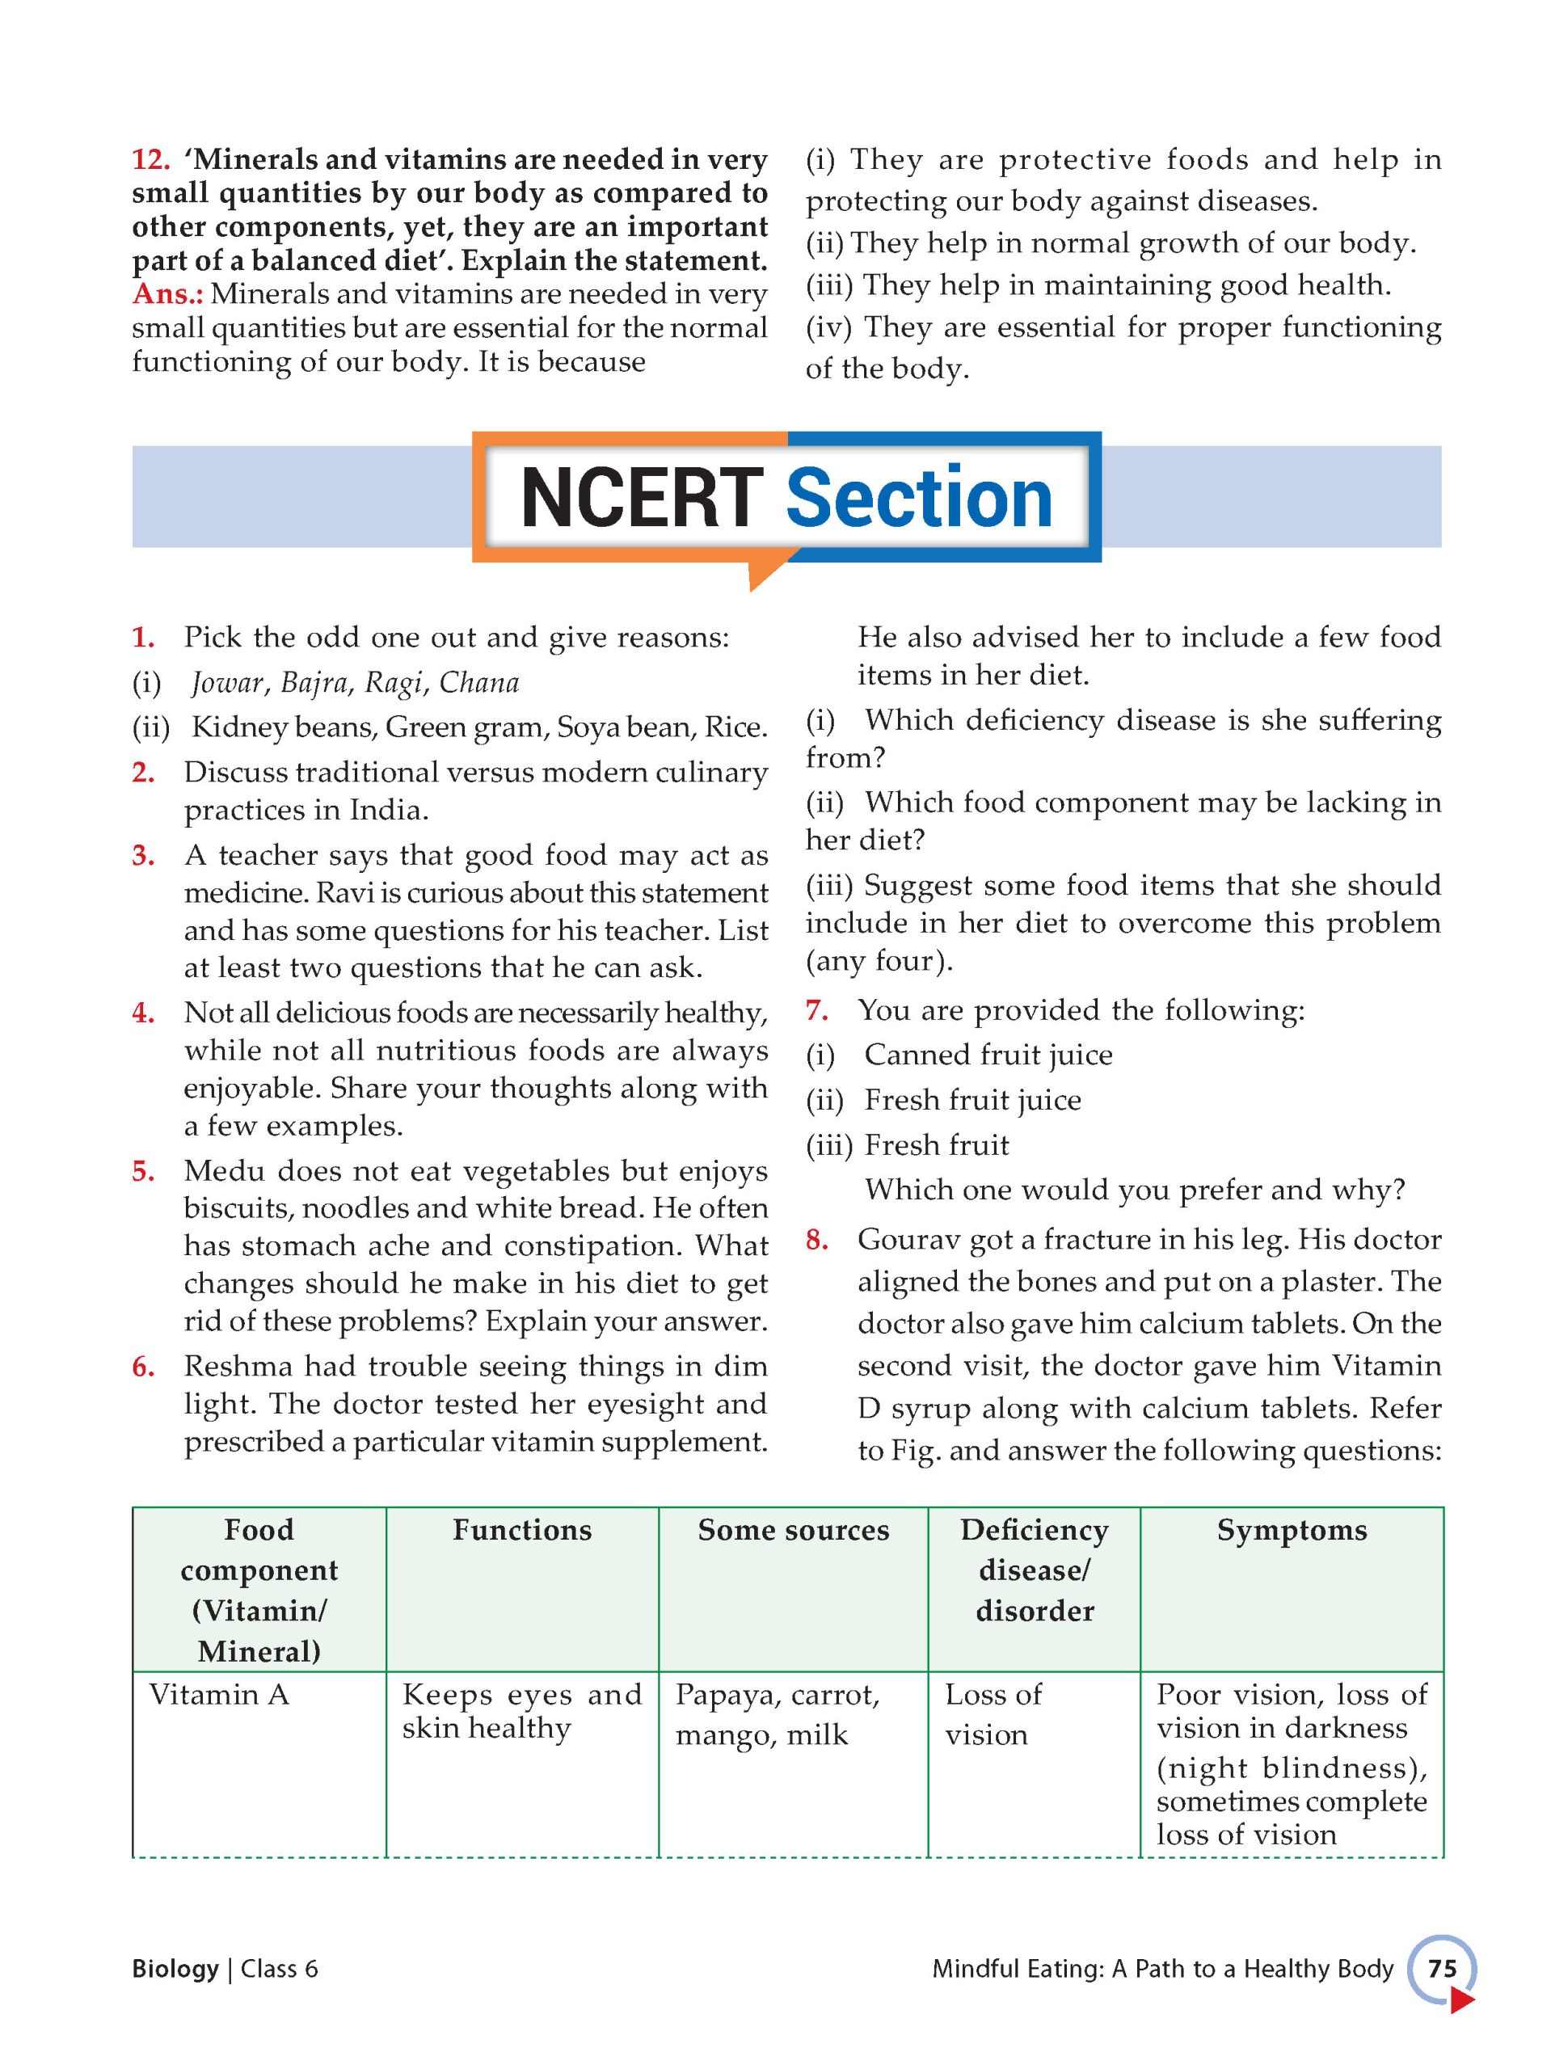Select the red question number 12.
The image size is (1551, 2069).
[x=150, y=160]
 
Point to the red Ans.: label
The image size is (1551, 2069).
[x=167, y=293]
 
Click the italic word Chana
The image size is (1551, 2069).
[x=479, y=683]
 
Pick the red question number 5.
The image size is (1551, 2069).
[x=143, y=1171]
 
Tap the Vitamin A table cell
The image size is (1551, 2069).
[x=219, y=1694]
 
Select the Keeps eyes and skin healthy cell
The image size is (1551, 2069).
[x=522, y=1711]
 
